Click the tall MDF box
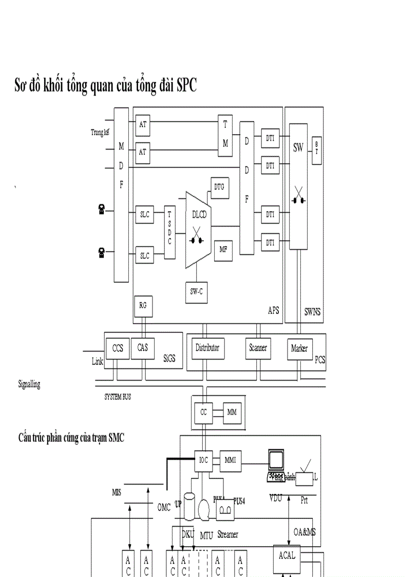[121, 195]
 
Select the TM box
[225, 135]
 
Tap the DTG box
[219, 188]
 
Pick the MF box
[223, 250]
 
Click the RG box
[143, 305]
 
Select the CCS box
[118, 348]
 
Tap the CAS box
[142, 348]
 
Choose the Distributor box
[207, 348]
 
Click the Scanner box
[258, 348]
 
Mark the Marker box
[299, 349]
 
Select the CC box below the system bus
[203, 412]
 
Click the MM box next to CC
[232, 412]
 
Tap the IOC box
[203, 460]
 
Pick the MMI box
[230, 460]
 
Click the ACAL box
[287, 556]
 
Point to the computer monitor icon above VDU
[276, 464]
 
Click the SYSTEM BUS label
[118, 397]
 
